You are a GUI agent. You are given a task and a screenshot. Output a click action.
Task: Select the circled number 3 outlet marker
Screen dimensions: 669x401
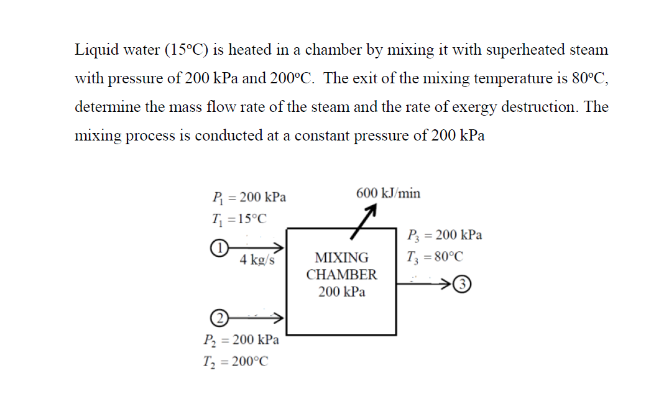tap(461, 285)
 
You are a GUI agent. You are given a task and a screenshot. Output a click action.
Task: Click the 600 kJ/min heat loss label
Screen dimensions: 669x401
tap(388, 193)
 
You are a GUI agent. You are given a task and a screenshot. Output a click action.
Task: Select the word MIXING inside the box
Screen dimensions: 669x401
tap(341, 257)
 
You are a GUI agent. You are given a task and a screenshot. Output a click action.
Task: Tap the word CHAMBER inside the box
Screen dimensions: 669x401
tap(341, 274)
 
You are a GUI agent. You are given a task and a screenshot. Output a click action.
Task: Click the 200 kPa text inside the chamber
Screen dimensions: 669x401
tap(341, 292)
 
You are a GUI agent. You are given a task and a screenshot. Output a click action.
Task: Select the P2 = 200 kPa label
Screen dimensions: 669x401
tap(241, 340)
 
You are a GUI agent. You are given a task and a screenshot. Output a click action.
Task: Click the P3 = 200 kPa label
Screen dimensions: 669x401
tap(444, 235)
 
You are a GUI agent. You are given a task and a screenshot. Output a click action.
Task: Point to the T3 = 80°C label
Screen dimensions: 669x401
tap(435, 256)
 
